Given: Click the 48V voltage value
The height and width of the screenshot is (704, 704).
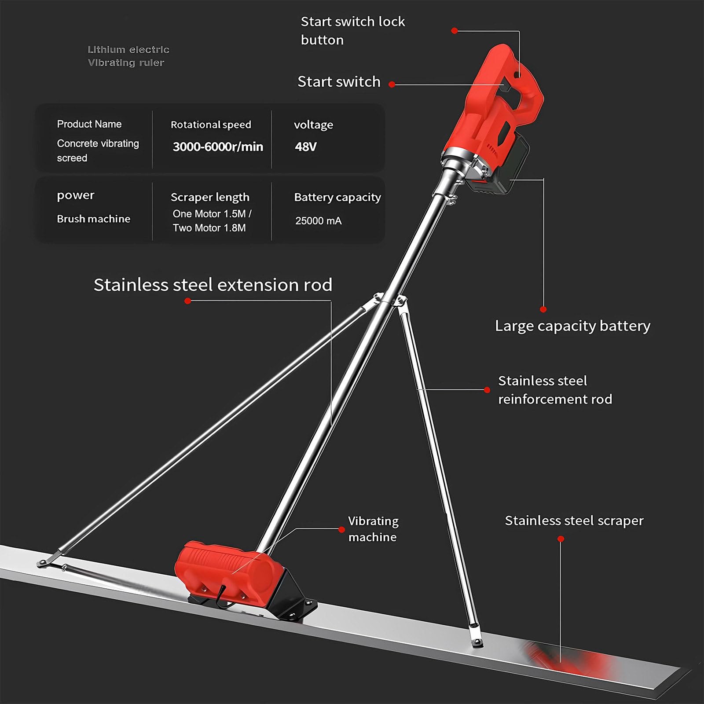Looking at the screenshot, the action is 305,147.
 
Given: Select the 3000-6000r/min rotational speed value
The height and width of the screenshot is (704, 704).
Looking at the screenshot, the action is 218,147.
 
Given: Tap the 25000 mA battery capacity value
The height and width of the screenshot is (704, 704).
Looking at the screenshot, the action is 318,221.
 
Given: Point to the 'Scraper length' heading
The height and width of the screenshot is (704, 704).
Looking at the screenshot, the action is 210,197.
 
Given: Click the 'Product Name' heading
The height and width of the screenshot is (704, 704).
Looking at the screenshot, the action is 89,124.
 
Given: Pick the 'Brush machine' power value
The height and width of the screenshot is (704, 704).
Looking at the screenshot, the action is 94,219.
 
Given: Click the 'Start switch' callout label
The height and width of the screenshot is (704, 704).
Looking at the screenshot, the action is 339,82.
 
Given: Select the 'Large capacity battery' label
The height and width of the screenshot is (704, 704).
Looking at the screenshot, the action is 572,326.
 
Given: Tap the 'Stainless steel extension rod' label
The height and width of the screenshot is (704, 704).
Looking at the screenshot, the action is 213,285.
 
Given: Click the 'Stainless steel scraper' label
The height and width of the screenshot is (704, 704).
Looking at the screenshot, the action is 574,521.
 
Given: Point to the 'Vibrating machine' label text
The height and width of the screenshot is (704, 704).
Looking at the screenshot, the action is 373,529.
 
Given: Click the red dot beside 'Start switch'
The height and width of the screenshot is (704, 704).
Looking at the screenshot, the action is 392,84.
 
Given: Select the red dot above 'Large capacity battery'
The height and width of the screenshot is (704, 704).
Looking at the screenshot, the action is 543,309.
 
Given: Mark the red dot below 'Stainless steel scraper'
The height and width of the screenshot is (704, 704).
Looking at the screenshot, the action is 561,539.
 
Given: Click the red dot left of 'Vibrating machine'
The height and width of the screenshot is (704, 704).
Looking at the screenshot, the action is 341,529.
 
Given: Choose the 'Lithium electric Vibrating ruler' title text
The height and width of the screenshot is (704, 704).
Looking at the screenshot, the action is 128,56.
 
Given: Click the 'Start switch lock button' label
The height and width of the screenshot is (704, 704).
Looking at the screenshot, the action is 353,31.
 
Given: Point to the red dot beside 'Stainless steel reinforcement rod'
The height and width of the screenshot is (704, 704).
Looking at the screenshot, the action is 487,390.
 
